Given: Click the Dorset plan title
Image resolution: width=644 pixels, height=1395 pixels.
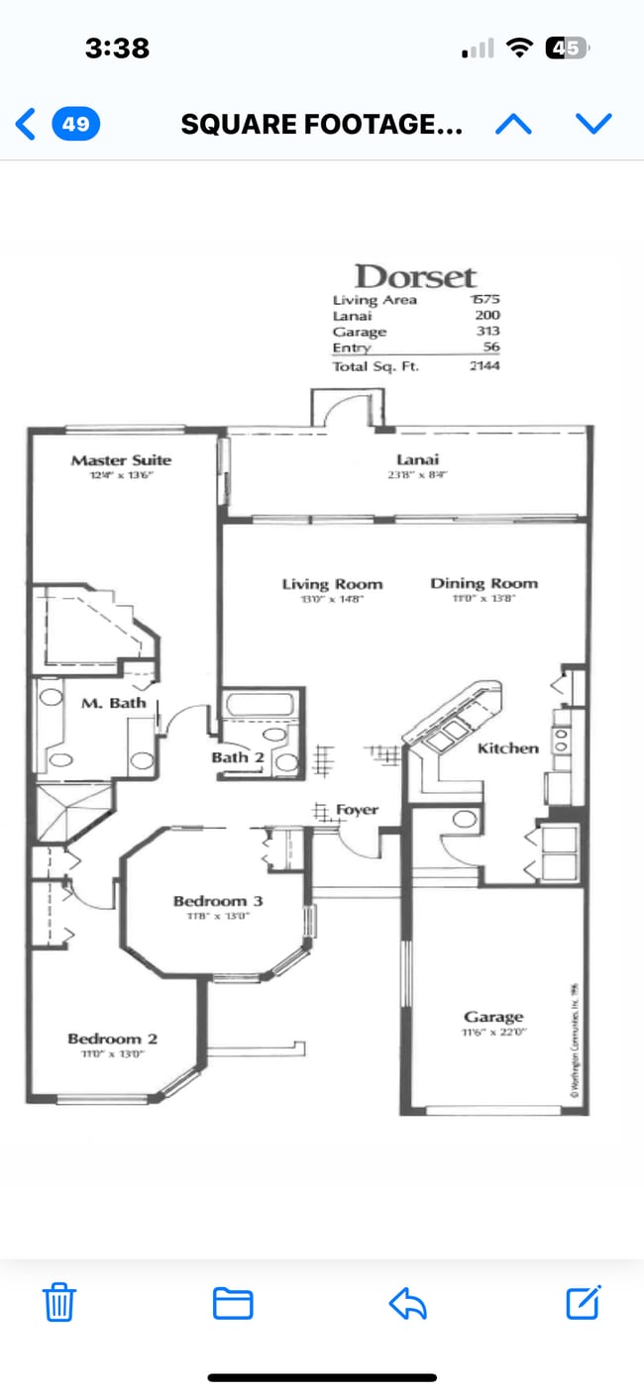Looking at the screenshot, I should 415,276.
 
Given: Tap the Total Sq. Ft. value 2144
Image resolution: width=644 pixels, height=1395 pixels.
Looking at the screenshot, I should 484,365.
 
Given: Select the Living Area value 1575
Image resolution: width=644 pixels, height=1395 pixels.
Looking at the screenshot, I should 484,300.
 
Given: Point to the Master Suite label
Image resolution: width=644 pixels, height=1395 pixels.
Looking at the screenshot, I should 121,459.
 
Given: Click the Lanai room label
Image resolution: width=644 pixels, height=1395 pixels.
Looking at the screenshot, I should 417,459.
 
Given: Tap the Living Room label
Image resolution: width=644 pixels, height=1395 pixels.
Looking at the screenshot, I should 332,584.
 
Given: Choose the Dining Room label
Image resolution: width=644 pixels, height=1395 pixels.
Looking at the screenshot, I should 483,583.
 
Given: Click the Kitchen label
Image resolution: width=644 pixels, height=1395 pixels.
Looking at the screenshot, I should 507,748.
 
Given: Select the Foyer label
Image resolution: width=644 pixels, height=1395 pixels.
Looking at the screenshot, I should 357,810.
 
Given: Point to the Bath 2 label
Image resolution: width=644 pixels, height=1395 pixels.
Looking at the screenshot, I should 237,757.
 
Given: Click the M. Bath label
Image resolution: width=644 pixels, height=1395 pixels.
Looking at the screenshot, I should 113,703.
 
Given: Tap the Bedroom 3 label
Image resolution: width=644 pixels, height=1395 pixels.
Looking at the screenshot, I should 218,901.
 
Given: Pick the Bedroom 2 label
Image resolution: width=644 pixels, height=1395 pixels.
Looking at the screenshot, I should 112,1039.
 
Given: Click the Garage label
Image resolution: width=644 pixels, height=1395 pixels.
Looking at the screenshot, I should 493,1017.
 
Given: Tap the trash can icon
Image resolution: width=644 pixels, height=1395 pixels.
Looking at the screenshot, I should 59,1303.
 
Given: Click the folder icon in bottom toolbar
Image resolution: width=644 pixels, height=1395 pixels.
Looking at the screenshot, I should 233,1303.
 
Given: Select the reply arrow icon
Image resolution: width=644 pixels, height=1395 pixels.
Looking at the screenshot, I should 407,1303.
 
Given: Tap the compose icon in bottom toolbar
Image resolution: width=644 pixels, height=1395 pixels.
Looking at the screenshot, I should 584,1303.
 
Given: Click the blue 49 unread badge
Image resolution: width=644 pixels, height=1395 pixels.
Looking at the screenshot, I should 75,124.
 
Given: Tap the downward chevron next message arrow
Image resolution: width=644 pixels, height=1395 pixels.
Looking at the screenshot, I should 594,124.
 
